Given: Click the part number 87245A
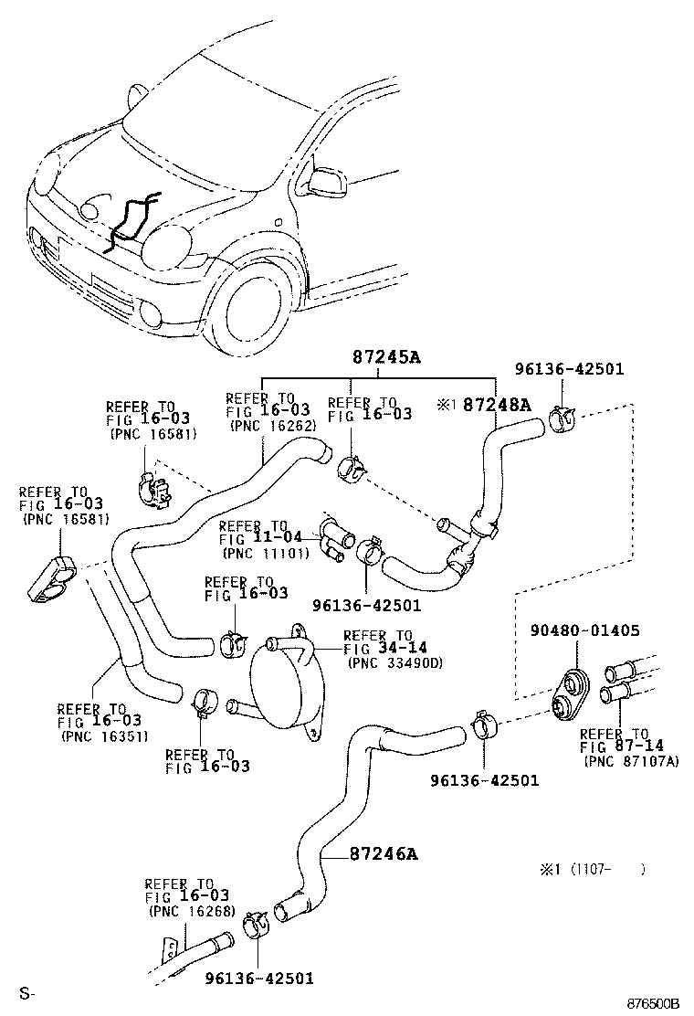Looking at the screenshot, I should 386,358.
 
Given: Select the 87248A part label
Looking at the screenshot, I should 495,404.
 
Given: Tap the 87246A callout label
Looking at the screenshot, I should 383,854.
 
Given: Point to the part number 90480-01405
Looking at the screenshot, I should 584,630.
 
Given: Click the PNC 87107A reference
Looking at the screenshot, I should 631,761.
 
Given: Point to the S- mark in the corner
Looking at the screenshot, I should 26,993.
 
